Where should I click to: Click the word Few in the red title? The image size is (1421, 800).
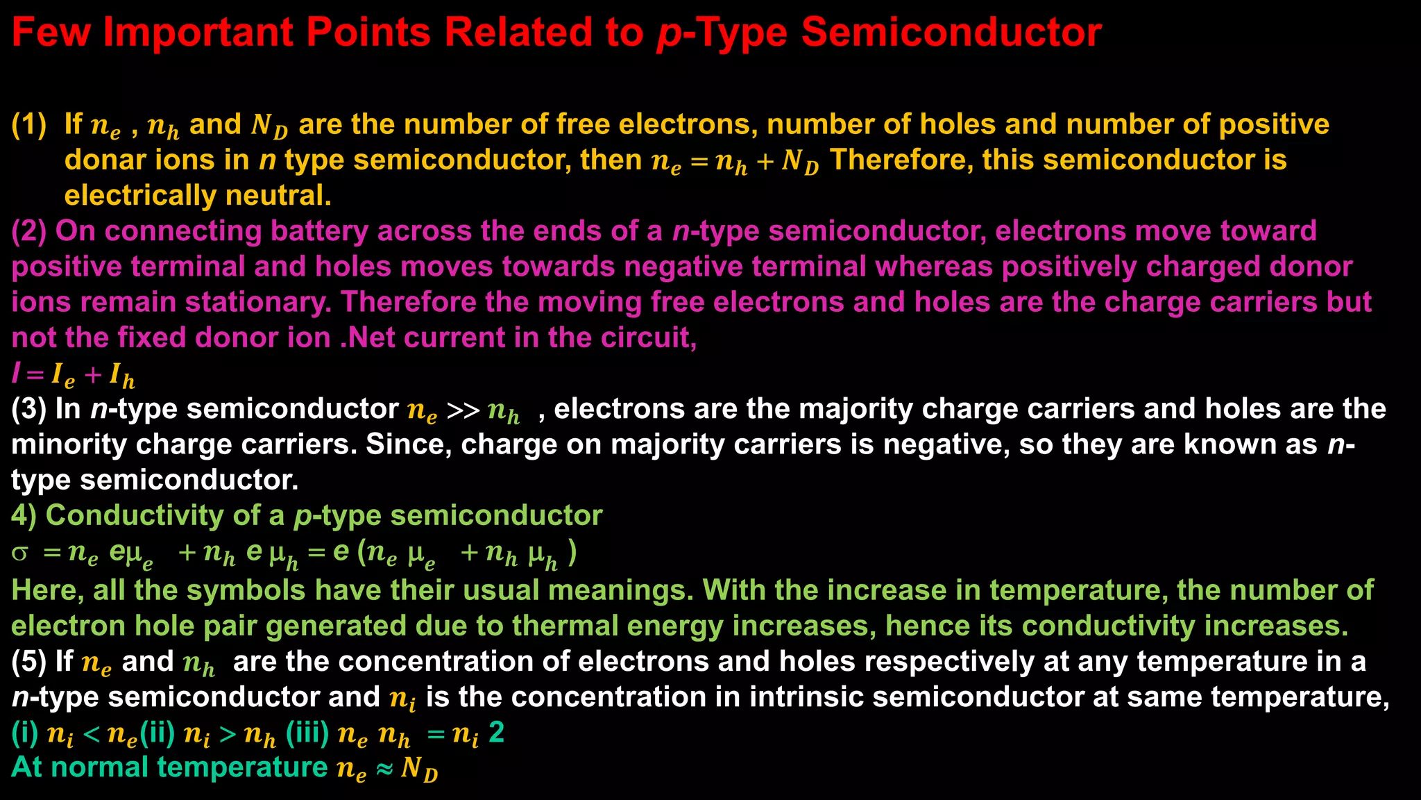point(51,33)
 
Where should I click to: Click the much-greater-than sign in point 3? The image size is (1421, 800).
point(463,410)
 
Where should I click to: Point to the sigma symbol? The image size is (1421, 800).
point(21,553)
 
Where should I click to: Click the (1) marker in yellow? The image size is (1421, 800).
point(29,125)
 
